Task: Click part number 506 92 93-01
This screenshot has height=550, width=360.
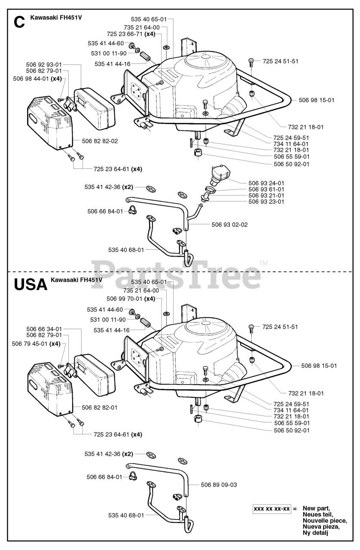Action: click(44, 64)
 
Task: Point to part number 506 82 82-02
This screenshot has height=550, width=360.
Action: click(99, 141)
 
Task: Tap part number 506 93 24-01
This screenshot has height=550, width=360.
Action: click(266, 183)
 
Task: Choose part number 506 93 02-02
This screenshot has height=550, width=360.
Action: click(229, 224)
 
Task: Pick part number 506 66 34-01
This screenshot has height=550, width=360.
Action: click(44, 329)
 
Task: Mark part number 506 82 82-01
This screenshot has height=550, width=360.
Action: click(99, 407)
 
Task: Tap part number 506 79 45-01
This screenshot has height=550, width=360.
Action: click(31, 343)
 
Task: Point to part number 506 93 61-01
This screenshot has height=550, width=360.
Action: click(266, 189)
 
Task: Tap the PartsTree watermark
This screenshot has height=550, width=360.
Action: click(172, 275)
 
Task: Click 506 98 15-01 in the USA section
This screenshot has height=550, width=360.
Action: click(319, 366)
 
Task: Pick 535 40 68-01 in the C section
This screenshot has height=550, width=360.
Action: click(126, 249)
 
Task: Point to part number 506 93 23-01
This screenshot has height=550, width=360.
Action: click(266, 202)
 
